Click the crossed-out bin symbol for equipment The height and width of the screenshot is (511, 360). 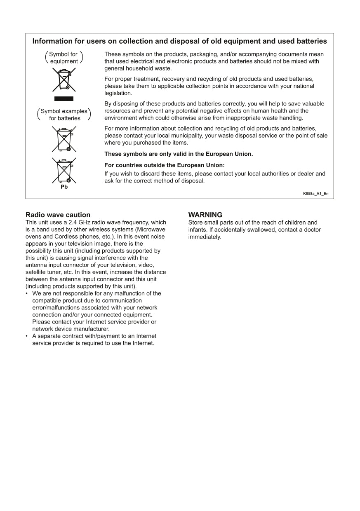[64, 80]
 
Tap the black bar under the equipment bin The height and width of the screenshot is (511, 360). [64, 99]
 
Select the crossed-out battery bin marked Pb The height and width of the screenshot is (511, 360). [64, 170]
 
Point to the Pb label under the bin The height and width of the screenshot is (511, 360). [64, 187]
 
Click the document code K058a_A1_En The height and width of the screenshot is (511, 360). [315, 194]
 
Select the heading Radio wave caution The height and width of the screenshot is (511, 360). [58, 215]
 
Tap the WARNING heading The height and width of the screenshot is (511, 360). [205, 215]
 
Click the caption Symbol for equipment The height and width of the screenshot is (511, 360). [64, 58]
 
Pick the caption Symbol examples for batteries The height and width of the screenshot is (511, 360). [64, 115]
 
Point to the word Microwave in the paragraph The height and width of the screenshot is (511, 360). [151, 230]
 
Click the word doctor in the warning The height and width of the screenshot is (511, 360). [312, 230]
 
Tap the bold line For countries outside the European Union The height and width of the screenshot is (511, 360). [164, 165]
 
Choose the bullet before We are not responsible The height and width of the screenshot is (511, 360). [27, 294]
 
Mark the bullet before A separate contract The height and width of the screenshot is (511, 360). [27, 336]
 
